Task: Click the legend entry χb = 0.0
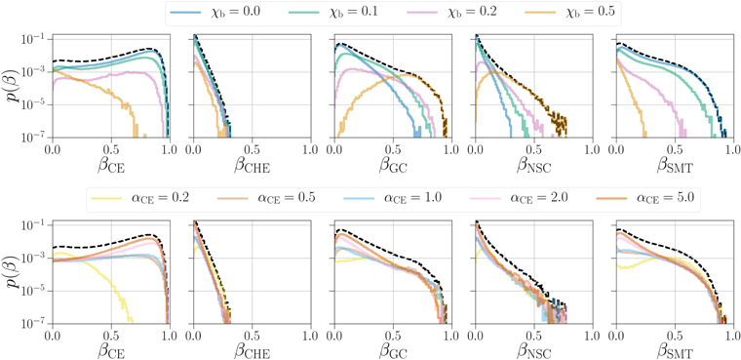pos(232,13)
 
